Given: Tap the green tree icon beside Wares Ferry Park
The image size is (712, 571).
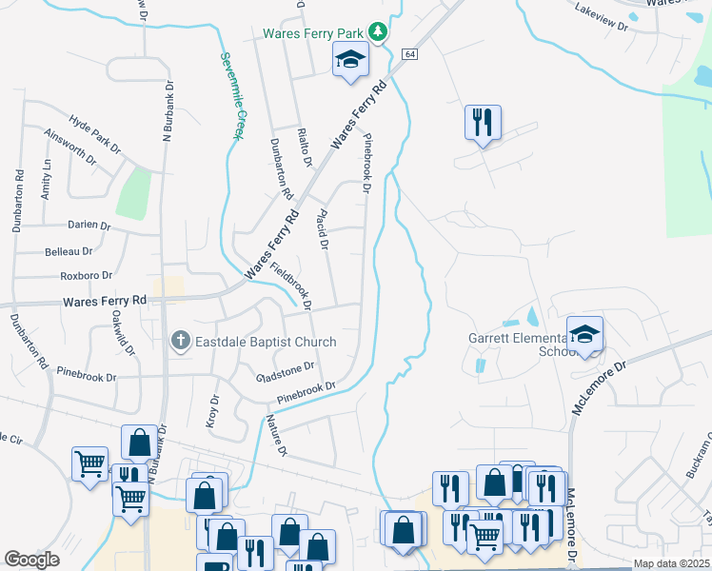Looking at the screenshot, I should (379, 33).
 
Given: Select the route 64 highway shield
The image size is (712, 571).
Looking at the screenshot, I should (409, 55).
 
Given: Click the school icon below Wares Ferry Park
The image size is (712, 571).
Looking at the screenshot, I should (349, 60).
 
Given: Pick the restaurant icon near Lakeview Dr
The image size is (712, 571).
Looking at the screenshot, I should (482, 122).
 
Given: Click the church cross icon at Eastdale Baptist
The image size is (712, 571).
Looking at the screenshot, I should (181, 341).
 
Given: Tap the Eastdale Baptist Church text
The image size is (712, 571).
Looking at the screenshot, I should (266, 342).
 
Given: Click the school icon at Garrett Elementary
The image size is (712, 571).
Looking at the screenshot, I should (585, 333).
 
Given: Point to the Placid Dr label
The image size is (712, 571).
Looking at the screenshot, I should (323, 228).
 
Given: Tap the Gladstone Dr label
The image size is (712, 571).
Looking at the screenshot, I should (285, 370).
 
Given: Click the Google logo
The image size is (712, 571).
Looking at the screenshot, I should (31, 560).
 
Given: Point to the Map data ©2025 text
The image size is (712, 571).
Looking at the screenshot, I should (671, 563).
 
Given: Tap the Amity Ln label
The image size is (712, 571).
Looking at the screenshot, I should (46, 179).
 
